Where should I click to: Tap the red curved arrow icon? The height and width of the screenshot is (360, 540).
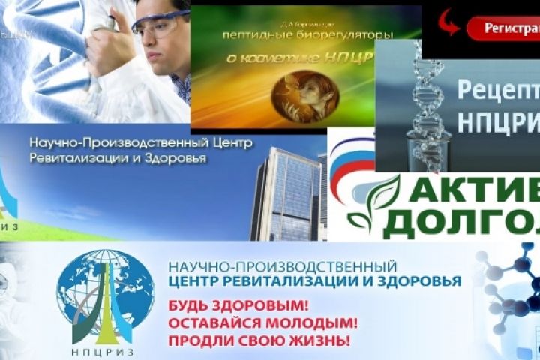click(x=448, y=22)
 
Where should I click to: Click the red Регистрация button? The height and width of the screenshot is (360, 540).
click(x=502, y=28)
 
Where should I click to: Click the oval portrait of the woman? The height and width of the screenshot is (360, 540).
click(x=304, y=95)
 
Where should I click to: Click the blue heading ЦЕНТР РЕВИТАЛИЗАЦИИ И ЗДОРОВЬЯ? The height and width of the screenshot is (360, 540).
click(x=315, y=282)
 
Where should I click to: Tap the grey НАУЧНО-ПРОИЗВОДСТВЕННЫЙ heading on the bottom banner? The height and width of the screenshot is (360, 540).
click(x=283, y=266)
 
